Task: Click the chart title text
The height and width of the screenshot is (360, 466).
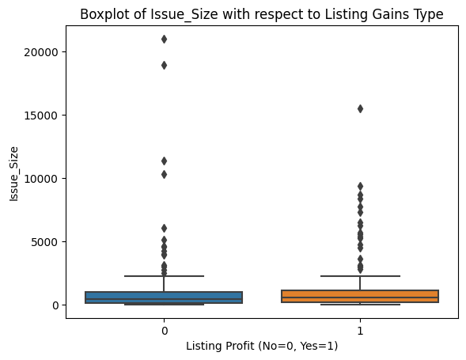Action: (x=261, y=13)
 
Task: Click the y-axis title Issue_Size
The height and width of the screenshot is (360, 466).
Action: (x=13, y=172)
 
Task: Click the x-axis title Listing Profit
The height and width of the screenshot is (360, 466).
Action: (x=262, y=347)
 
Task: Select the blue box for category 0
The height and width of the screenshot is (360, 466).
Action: (x=164, y=297)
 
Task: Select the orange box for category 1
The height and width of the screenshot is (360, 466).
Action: (x=360, y=297)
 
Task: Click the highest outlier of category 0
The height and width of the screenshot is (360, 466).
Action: (x=164, y=39)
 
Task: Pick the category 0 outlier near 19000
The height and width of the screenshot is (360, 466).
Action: (x=164, y=65)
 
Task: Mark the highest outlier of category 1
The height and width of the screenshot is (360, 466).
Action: (x=360, y=108)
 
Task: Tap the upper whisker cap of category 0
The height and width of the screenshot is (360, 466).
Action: (x=164, y=276)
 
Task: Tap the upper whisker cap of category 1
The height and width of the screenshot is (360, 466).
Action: (x=360, y=276)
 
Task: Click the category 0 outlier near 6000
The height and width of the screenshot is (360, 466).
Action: (x=164, y=228)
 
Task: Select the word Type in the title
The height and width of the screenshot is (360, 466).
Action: (x=428, y=13)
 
